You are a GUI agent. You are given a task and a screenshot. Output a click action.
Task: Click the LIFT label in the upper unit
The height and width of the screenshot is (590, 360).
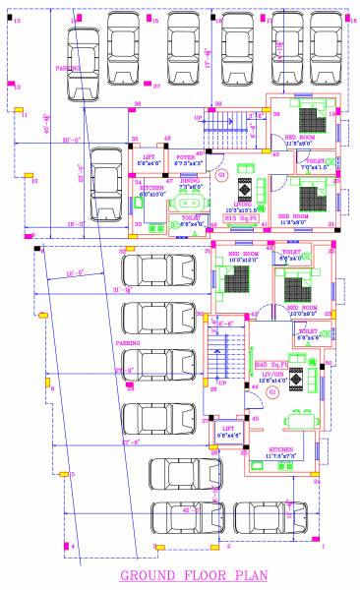[x=150, y=156]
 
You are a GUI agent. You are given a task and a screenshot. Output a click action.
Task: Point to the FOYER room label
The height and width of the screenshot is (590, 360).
[x=186, y=156]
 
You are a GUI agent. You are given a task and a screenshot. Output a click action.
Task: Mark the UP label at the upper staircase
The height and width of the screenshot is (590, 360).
[x=198, y=117]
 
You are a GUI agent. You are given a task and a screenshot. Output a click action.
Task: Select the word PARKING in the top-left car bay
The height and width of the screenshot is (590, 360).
[x=67, y=69]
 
